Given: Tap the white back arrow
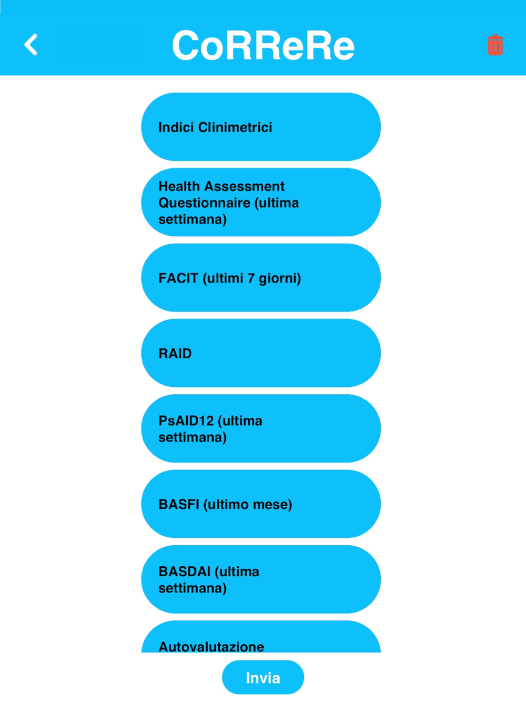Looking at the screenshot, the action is [31, 44].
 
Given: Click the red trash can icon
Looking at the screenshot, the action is [495, 44].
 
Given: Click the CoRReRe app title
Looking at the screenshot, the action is [263, 45].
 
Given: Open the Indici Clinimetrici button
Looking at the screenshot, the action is [261, 127].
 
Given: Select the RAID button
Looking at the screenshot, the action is [261, 353].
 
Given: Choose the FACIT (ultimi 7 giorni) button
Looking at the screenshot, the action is [261, 278].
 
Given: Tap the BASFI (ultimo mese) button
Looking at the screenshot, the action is [261, 504].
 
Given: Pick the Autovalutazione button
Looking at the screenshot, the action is [261, 637].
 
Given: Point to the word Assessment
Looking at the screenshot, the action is [242, 186].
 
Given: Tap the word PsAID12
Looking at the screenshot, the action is [186, 421].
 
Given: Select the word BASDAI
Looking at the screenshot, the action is [185, 571].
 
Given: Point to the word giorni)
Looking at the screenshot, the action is [280, 279].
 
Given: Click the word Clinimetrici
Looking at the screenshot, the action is [235, 127].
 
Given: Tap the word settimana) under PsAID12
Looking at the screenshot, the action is [193, 437].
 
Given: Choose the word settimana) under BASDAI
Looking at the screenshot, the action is [193, 588].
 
